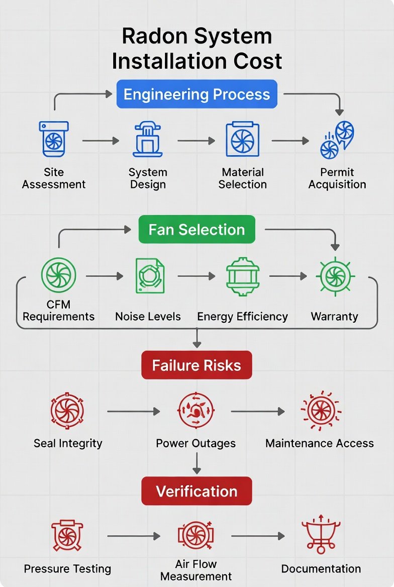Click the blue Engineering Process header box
196,94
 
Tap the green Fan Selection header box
196,230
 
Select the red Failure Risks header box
196,365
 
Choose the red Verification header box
196,491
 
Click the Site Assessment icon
53,139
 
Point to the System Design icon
148,139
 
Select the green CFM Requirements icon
58,275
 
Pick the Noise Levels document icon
149,275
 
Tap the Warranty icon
335,275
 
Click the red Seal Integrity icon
67,411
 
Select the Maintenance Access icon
320,411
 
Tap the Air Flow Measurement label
196,570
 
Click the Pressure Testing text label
67,569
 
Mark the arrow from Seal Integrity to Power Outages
133,412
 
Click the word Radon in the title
154,37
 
